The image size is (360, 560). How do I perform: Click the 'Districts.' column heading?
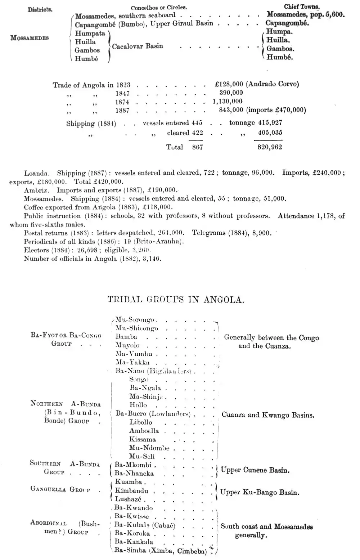[40, 9]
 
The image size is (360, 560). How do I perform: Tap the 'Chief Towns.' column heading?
[302, 7]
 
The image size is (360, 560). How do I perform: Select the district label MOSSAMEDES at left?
[30, 38]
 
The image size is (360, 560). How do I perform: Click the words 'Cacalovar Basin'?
[138, 46]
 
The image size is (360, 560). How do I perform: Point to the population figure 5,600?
[335, 15]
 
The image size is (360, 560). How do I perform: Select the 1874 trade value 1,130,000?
[228, 102]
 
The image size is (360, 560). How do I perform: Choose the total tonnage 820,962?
[270, 147]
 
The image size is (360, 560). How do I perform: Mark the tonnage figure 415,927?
[270, 123]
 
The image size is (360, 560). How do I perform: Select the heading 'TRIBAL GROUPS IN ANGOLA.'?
[176, 300]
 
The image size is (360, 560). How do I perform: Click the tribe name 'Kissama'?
[143, 439]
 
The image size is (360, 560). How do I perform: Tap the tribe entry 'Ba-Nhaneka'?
[134, 474]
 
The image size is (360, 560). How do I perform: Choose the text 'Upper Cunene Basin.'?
[255, 470]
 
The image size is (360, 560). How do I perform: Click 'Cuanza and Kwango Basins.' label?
[268, 415]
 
